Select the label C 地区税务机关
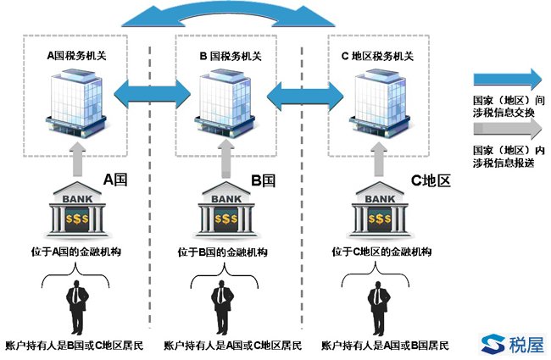(375, 57)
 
